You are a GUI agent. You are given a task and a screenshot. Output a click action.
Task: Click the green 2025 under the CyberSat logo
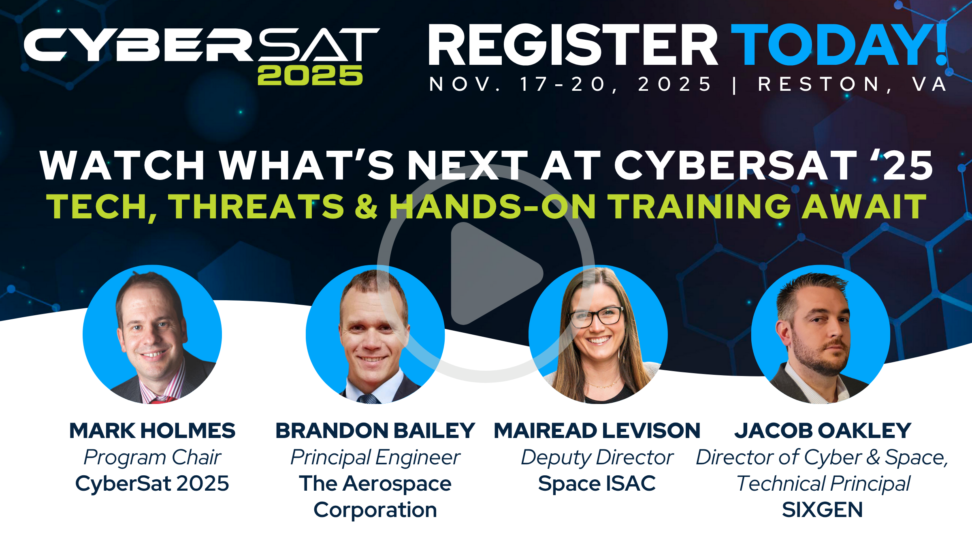[x=310, y=75]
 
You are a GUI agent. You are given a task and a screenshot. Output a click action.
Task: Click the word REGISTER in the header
[x=573, y=45]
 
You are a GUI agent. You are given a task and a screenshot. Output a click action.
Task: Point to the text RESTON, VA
[x=853, y=85]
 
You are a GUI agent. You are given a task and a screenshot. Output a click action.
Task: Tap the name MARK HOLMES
[x=152, y=430]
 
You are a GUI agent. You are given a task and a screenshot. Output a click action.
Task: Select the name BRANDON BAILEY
[x=375, y=430]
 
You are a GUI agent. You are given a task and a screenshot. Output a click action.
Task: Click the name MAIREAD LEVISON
[x=597, y=430]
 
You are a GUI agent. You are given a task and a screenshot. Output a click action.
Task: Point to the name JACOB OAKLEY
[x=823, y=430]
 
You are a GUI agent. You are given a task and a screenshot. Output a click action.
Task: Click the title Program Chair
[x=152, y=457]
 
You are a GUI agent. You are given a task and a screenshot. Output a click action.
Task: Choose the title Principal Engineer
[x=375, y=458]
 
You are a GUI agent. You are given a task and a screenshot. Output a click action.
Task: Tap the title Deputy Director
[x=597, y=458]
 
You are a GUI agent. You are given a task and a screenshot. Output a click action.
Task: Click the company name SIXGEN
[x=823, y=510]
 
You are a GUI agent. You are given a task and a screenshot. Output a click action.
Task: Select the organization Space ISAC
[x=597, y=483]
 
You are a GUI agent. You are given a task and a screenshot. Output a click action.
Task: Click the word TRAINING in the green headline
[x=700, y=207]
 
